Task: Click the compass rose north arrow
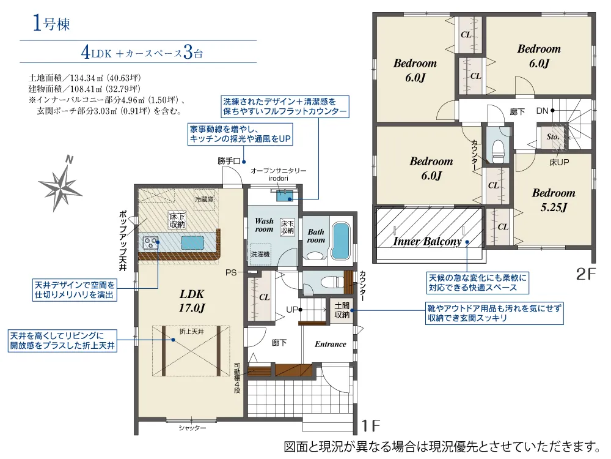[60, 184]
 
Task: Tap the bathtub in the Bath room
[341, 241]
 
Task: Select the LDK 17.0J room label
[192, 301]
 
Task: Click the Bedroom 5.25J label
[554, 200]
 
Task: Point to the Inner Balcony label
[428, 241]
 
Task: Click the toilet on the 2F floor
[499, 150]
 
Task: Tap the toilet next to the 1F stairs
[323, 283]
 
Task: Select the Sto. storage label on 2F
[552, 136]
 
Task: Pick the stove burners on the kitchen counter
[150, 242]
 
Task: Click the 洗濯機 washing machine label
[260, 254]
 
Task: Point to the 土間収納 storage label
[342, 310]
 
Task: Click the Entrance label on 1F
[331, 344]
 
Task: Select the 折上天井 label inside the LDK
[191, 331]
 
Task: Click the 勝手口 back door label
[229, 161]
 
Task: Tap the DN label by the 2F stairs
[542, 111]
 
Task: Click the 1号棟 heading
[51, 23]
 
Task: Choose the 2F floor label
[586, 274]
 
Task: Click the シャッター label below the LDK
[192, 428]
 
